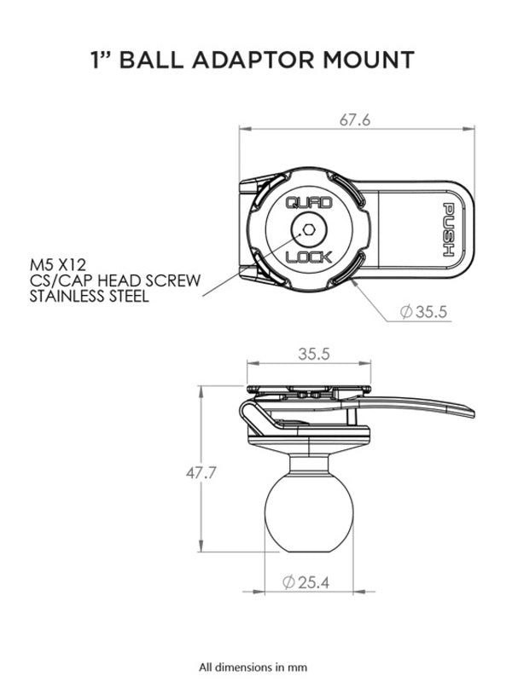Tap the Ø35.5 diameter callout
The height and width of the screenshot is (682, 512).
[424, 313]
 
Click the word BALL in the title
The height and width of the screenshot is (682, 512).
[161, 60]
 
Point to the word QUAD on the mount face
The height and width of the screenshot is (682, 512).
[304, 202]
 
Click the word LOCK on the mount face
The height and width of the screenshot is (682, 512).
[304, 257]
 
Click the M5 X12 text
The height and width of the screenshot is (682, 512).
[61, 266]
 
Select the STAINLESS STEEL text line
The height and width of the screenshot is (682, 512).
[90, 297]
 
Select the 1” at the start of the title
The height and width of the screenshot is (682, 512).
[102, 60]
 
